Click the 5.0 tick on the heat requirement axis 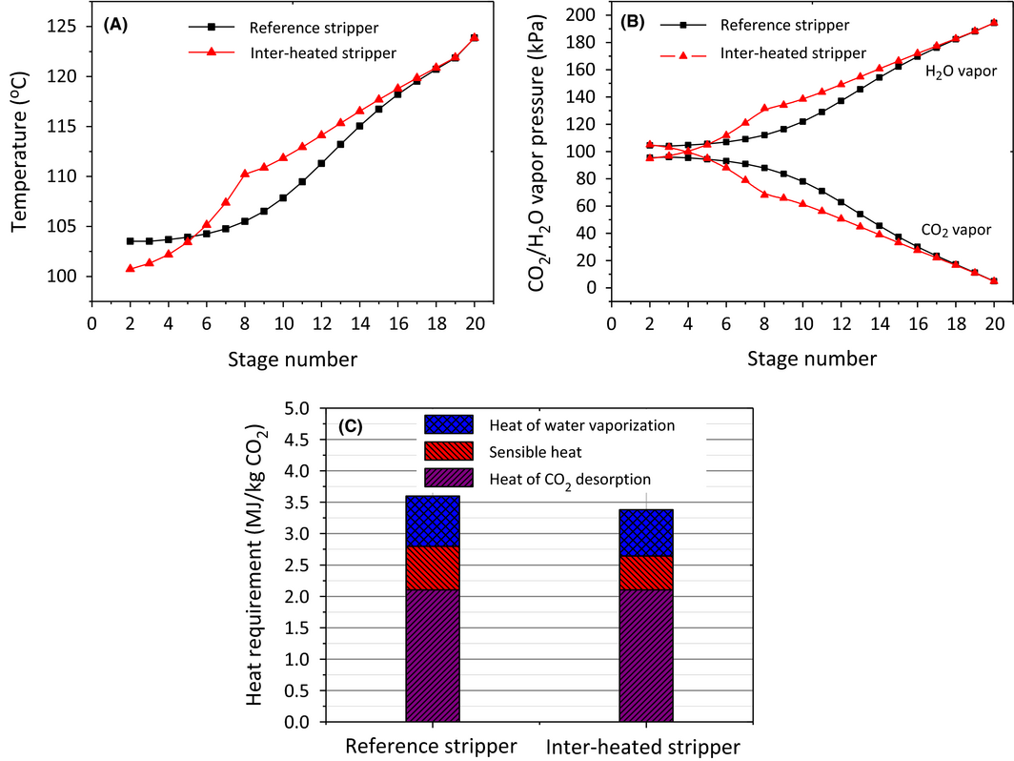click(298, 408)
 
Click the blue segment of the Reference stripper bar click(433, 521)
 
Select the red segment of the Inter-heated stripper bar click(646, 572)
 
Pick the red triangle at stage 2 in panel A click(131, 268)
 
